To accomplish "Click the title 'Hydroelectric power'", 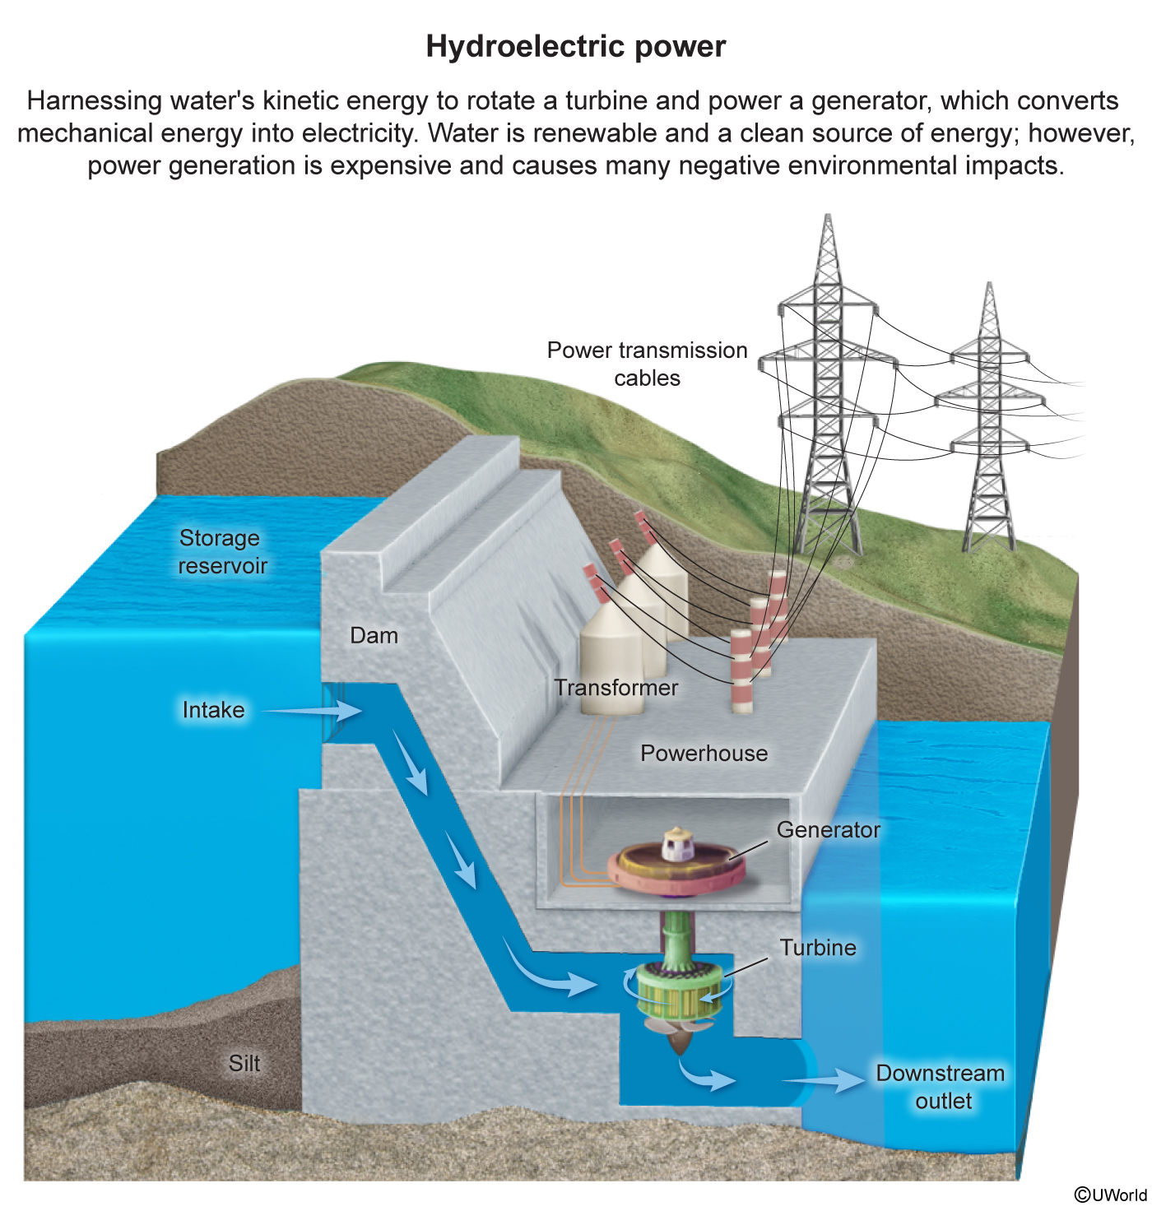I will (x=575, y=47).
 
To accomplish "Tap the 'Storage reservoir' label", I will (x=222, y=551).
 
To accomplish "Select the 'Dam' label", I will (x=374, y=635).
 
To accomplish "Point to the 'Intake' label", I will (x=213, y=709).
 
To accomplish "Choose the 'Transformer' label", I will (x=615, y=687).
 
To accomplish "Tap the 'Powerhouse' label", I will (x=704, y=753).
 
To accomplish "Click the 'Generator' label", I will (x=828, y=829).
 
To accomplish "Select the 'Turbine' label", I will (x=818, y=947).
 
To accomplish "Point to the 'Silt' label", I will (x=244, y=1063).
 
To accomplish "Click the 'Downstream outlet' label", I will (x=941, y=1087).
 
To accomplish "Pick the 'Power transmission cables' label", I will (x=647, y=364).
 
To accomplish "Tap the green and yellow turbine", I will (x=674, y=991).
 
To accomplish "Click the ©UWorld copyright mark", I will (x=1110, y=1195).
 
